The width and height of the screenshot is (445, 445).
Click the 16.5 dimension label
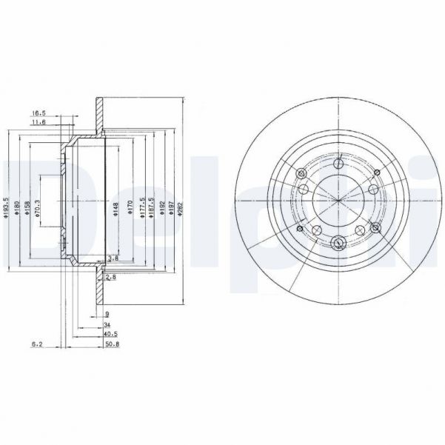(x=39, y=113)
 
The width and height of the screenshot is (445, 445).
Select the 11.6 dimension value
(x=39, y=124)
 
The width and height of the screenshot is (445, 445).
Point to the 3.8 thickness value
(x=113, y=258)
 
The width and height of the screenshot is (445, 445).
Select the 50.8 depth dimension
(x=110, y=344)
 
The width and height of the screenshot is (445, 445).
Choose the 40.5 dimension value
(x=110, y=334)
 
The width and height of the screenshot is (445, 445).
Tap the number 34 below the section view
(x=107, y=324)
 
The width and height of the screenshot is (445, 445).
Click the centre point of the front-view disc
(x=337, y=201)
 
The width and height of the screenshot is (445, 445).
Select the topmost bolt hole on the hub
(x=337, y=164)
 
